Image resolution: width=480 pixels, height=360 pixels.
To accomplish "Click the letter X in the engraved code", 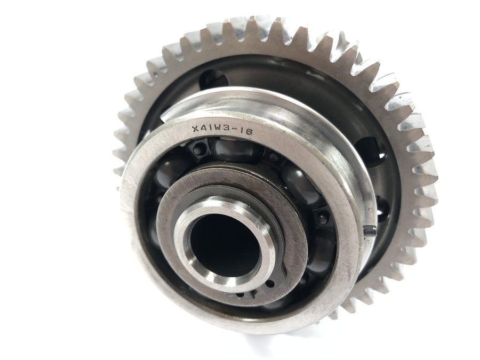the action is click(195, 129).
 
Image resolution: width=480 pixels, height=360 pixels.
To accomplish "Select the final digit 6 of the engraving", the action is click(249, 132).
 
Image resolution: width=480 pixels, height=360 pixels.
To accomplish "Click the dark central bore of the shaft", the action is click(225, 245).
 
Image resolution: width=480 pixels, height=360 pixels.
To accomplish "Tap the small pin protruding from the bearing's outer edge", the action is click(371, 230).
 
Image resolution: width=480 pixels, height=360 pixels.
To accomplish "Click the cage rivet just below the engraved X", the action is click(199, 150).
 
